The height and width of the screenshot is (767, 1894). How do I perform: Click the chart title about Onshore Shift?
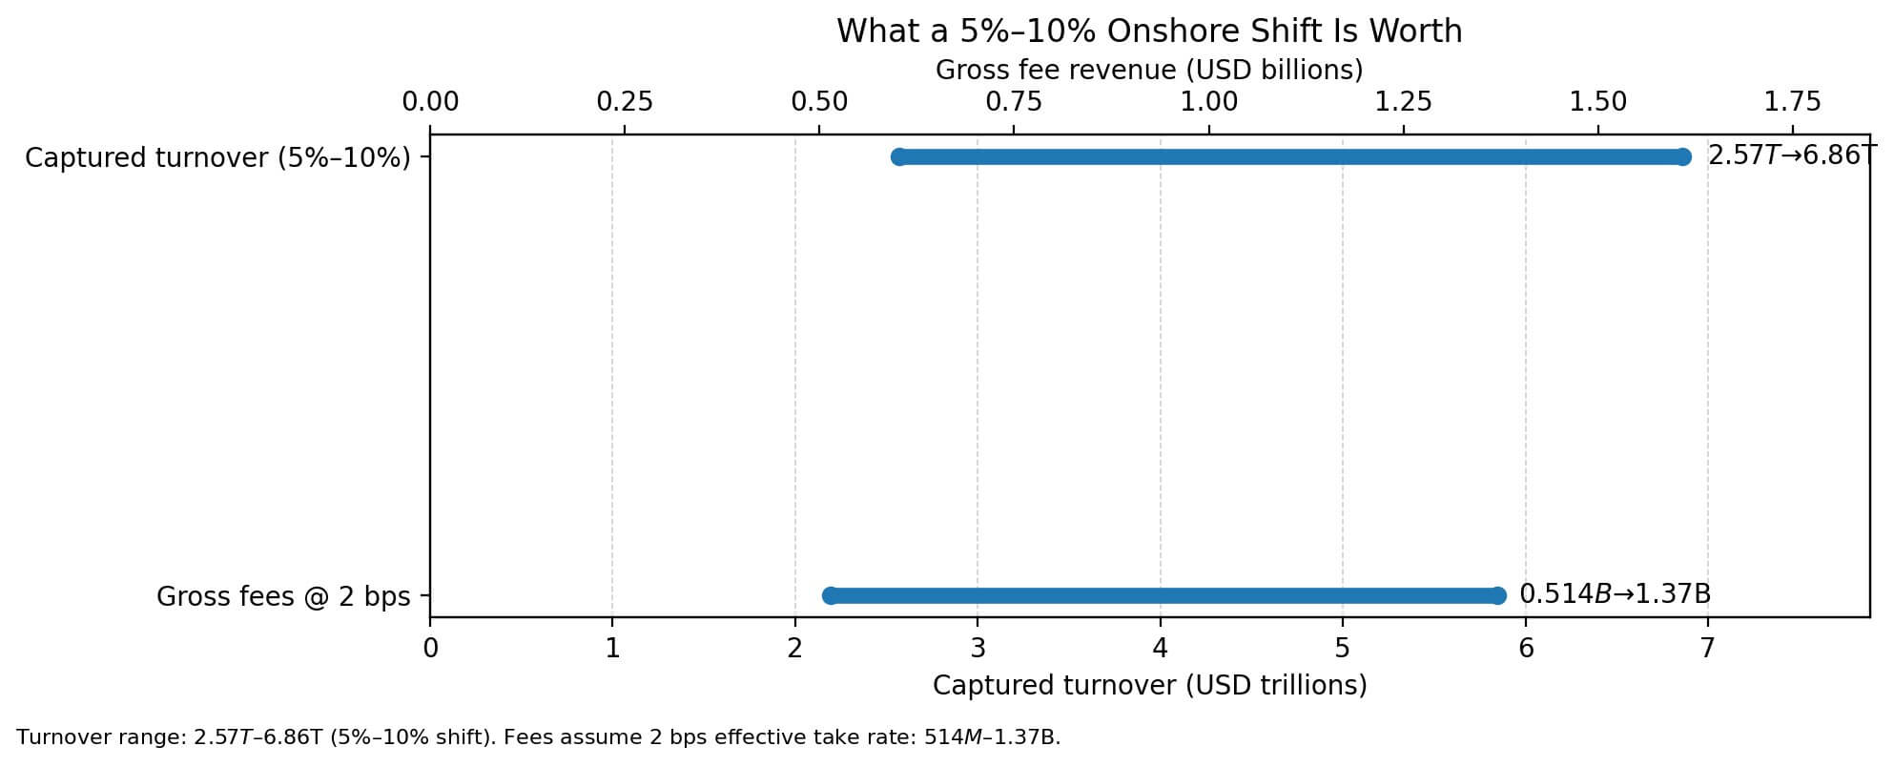pyautogui.click(x=1149, y=31)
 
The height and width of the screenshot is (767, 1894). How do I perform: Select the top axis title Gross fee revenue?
pyautogui.click(x=1149, y=70)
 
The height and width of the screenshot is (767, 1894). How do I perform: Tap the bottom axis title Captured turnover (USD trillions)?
pyautogui.click(x=1149, y=685)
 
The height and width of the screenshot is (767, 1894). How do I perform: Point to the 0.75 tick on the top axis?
pyautogui.click(x=1014, y=101)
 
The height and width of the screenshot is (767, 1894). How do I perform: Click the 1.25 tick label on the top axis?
pyautogui.click(x=1404, y=101)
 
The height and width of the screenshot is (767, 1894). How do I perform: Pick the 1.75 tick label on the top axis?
pyautogui.click(x=1793, y=101)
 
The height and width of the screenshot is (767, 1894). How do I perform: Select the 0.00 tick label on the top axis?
pyautogui.click(x=430, y=101)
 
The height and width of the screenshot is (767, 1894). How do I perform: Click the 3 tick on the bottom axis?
pyautogui.click(x=978, y=649)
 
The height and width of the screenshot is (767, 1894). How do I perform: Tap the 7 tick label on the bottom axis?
pyautogui.click(x=1707, y=649)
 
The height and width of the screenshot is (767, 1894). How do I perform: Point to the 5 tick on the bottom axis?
pyautogui.click(x=1343, y=649)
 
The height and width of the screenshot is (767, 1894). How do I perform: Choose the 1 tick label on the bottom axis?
pyautogui.click(x=612, y=649)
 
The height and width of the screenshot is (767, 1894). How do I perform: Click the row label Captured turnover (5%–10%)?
pyautogui.click(x=217, y=157)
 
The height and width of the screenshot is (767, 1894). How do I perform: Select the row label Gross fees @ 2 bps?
pyautogui.click(x=283, y=597)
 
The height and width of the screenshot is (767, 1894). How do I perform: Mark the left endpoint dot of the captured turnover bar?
pyautogui.click(x=898, y=156)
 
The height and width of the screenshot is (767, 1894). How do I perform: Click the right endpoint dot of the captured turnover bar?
pyautogui.click(x=1682, y=156)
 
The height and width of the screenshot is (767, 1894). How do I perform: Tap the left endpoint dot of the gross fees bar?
pyautogui.click(x=830, y=595)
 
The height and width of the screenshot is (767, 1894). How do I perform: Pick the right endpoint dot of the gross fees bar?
pyautogui.click(x=1497, y=595)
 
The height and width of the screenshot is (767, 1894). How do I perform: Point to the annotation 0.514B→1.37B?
pyautogui.click(x=1615, y=594)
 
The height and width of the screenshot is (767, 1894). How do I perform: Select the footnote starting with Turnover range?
pyautogui.click(x=538, y=737)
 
